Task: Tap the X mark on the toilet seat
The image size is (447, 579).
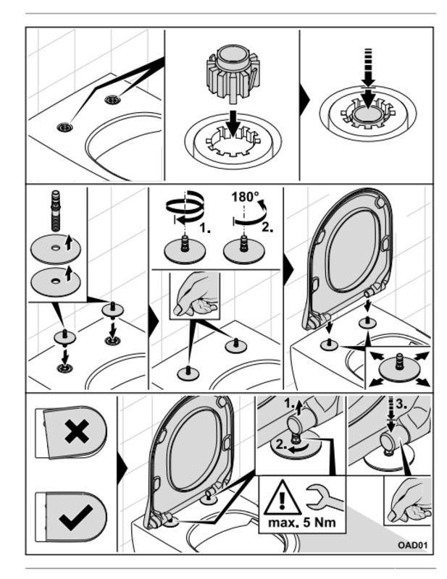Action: click(75, 432)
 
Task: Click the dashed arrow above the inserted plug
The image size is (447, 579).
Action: click(368, 77)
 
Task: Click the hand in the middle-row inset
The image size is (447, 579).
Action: click(194, 295)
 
